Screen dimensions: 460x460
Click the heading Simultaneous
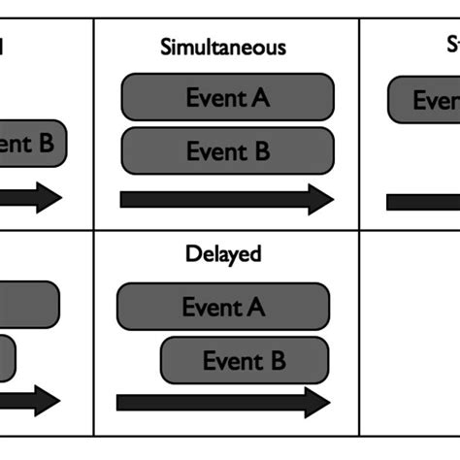222,47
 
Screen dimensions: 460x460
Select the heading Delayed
223,255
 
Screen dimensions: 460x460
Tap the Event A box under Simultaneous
227,97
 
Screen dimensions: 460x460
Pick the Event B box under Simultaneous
227,150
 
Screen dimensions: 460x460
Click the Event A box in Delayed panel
223,307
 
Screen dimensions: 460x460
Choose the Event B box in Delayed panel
244,360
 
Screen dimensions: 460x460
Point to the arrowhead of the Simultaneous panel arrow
320,200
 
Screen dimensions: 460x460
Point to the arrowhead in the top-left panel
49,199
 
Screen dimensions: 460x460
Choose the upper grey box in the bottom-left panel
29,306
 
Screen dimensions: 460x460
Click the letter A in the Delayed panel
255,307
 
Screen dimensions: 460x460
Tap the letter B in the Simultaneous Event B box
259,150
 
